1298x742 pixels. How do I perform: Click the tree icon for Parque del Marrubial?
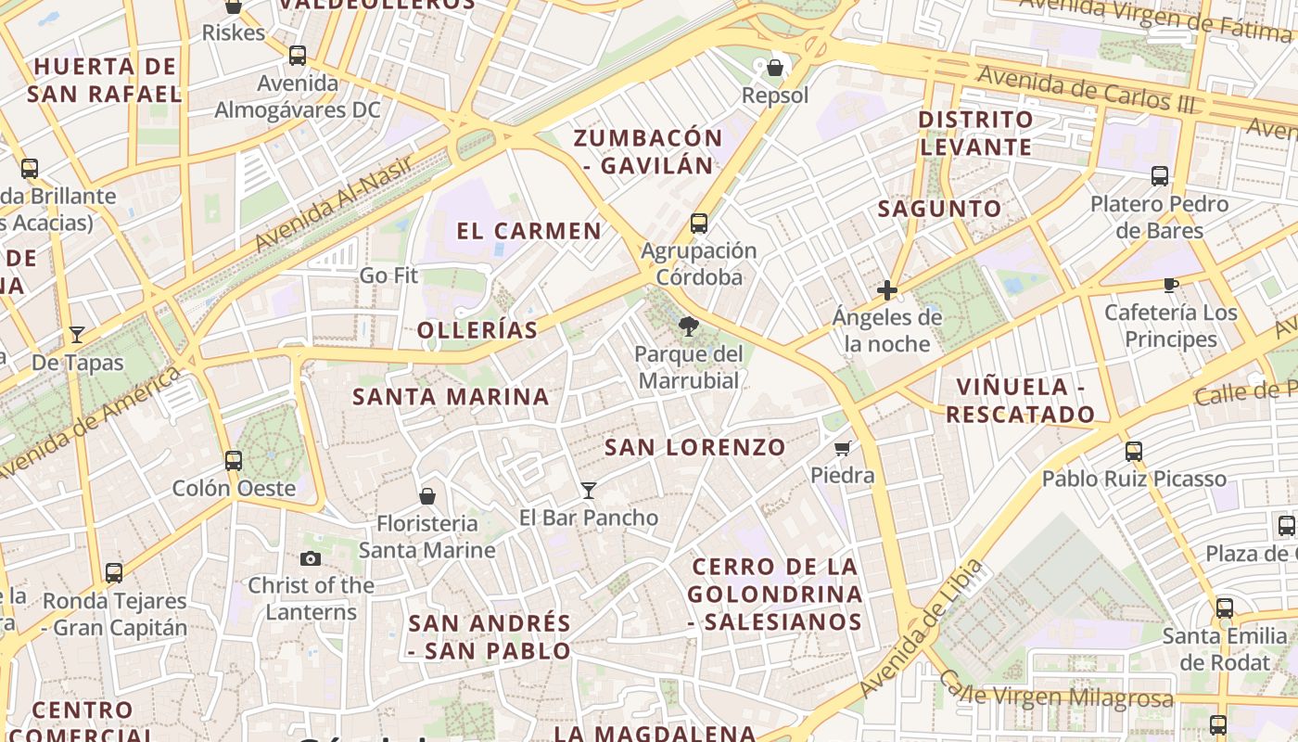point(688,326)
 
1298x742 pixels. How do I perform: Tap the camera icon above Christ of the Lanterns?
point(311,557)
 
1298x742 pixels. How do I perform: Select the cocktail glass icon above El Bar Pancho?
point(588,490)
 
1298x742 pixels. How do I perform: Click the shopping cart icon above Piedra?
point(842,449)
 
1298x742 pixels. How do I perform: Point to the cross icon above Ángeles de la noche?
point(887,290)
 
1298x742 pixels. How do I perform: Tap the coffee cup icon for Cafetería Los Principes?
point(1170,285)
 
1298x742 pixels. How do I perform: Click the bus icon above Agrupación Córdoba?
point(699,224)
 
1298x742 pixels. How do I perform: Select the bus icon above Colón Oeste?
point(234,460)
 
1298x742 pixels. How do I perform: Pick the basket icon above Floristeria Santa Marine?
point(427,496)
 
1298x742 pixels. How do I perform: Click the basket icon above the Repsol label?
point(775,68)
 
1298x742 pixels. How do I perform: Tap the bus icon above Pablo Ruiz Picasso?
point(1133,452)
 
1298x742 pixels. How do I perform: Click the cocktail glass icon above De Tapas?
point(77,335)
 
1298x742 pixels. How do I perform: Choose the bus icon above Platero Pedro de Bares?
point(1159,176)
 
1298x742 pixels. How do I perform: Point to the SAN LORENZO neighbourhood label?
point(695,447)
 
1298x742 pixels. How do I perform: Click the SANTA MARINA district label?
point(452,397)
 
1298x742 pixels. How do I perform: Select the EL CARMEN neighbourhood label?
point(529,231)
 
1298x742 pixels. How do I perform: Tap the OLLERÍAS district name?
point(477,330)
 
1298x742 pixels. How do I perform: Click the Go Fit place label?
point(388,275)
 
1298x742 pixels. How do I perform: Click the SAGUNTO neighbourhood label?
point(940,209)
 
